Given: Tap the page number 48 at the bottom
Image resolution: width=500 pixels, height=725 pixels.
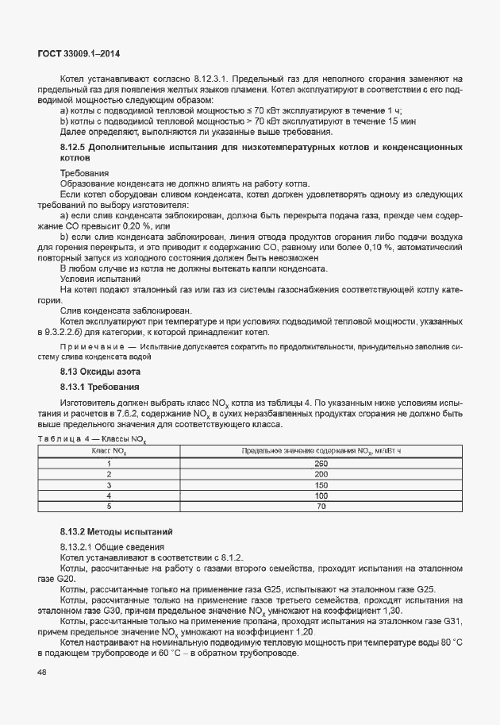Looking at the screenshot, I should (42, 673).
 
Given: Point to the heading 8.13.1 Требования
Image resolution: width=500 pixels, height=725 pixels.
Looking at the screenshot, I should (100, 388).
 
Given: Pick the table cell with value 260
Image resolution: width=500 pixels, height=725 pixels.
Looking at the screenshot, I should (321, 463).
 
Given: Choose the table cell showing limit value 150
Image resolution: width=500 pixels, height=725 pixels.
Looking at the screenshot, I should (321, 484).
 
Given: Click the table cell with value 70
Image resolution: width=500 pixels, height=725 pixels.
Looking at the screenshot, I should (321, 506).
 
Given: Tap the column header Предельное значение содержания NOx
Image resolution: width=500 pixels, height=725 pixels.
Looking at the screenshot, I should (321, 451).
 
